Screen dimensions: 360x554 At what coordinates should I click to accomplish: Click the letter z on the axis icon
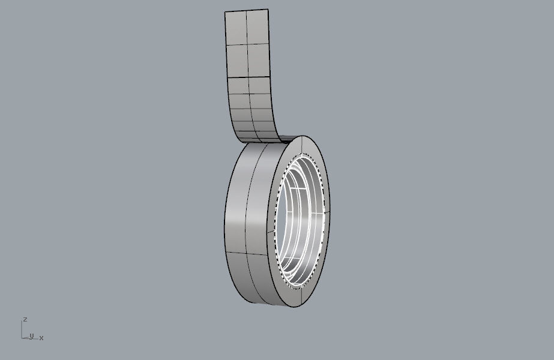pos(25,319)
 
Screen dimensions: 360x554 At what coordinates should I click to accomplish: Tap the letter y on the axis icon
pos(31,335)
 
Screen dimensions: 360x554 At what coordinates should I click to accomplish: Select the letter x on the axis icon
pos(41,338)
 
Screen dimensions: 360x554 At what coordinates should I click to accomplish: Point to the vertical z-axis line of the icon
pos(23,329)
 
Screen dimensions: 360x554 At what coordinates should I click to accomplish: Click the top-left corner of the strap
pos(224,13)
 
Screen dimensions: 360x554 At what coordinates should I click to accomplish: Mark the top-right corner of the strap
pos(268,10)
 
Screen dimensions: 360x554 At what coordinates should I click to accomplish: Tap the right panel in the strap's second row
pos(259,60)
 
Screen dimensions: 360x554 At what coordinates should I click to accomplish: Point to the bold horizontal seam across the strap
pos(250,77)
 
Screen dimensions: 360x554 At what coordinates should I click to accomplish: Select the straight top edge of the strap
pos(246,11)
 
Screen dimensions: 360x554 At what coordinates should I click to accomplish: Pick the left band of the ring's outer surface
pos(237,216)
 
